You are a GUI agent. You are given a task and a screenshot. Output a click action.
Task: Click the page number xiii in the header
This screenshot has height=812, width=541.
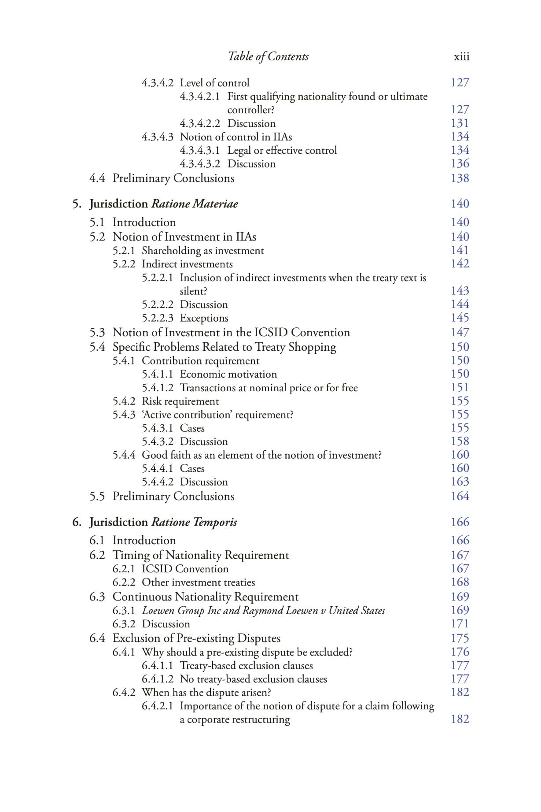(461, 57)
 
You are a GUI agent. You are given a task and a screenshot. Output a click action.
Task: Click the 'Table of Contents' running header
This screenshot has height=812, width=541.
(268, 57)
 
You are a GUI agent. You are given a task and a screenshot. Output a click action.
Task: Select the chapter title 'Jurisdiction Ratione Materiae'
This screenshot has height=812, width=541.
(164, 204)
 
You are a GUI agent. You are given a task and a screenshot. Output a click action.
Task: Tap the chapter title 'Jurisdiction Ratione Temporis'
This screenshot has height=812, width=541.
(163, 522)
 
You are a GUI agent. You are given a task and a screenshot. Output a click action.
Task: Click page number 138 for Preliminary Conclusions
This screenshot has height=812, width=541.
(460, 178)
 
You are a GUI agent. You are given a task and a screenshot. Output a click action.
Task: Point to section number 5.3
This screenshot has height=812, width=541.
(97, 333)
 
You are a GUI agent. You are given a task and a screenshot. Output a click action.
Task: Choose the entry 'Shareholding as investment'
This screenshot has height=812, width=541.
(203, 251)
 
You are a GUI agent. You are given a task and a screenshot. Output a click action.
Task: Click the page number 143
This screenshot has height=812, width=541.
(460, 291)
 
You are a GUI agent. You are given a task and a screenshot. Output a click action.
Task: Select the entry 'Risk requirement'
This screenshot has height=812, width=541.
(180, 401)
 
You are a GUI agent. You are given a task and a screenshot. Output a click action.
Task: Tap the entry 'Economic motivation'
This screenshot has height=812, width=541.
(228, 374)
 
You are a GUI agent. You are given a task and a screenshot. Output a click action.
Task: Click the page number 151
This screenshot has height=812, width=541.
(460, 388)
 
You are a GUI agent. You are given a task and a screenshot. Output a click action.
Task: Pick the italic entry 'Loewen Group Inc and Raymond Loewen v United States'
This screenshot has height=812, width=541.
(263, 611)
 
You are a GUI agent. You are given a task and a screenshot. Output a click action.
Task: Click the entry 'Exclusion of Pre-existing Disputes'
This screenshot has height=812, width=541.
(196, 638)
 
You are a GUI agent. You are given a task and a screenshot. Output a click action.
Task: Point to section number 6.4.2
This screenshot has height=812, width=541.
(124, 693)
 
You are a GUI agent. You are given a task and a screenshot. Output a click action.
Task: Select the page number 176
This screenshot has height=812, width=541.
(460, 652)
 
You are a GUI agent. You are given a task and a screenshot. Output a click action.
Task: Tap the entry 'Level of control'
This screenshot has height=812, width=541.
(214, 83)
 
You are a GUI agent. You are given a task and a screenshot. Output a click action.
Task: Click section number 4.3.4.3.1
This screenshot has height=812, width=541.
(200, 151)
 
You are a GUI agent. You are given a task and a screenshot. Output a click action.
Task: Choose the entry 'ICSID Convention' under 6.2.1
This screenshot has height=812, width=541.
(185, 569)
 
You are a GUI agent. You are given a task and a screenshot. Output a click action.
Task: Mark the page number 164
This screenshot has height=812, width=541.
(460, 497)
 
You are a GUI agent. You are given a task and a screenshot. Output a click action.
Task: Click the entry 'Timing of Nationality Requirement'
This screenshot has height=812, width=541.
(201, 555)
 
